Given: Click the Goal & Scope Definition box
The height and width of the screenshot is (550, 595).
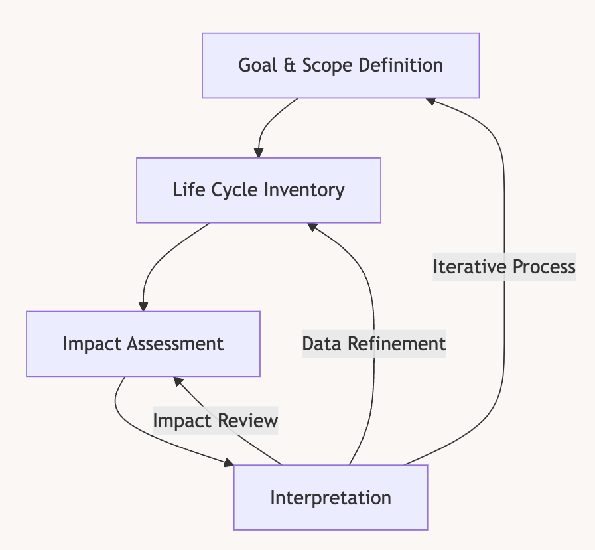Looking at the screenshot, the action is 340,65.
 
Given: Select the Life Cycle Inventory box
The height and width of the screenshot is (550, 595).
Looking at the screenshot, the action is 259,190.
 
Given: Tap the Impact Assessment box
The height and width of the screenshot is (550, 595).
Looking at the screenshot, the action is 143,344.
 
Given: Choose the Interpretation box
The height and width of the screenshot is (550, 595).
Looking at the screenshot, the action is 330,497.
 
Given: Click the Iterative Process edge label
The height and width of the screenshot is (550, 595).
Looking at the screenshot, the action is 504,267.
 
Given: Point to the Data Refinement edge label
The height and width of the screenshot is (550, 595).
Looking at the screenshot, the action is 373,344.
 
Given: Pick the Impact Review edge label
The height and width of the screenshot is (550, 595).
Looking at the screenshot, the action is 215,421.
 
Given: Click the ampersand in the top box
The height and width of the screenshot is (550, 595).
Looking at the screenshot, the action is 289,65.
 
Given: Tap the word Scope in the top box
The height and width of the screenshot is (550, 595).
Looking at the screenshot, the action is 328,65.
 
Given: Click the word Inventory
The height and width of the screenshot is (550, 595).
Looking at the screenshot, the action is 304,190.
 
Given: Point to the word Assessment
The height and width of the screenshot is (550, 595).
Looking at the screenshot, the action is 175,344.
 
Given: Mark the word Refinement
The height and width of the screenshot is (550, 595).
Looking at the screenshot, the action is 397,344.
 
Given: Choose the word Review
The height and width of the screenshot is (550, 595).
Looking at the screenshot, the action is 248,421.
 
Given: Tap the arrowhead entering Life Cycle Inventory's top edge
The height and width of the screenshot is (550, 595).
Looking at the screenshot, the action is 259,153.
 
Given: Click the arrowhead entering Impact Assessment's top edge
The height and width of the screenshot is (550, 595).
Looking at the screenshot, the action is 143,307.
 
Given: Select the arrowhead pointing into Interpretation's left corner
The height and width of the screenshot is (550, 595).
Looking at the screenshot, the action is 229,462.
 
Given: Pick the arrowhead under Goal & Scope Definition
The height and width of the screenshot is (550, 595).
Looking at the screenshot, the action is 430,101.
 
